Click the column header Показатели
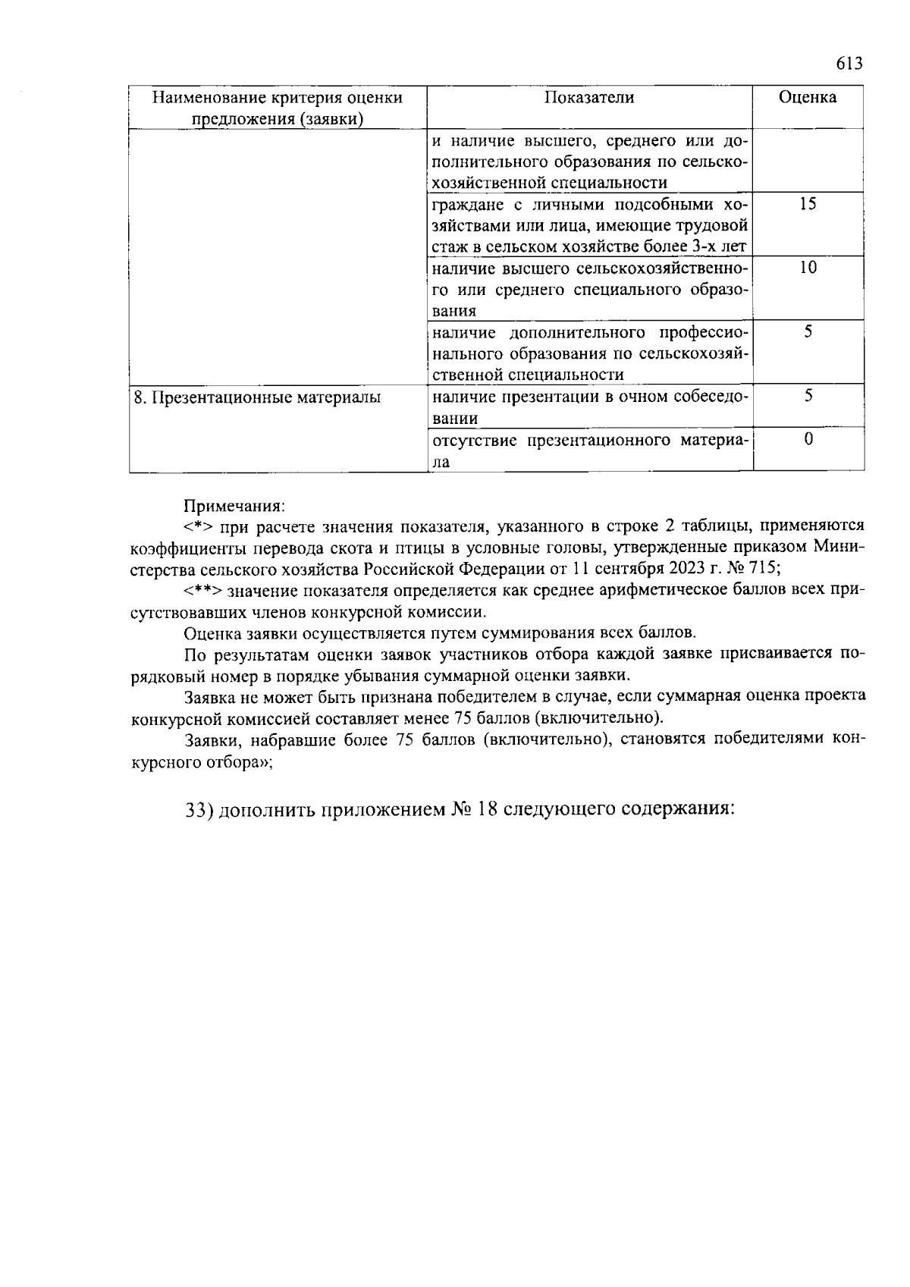click(589, 98)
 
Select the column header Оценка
click(808, 98)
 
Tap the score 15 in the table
click(808, 204)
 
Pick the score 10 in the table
click(808, 268)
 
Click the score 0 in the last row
click(808, 439)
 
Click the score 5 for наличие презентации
click(808, 396)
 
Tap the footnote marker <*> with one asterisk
click(198, 526)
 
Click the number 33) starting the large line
click(202, 810)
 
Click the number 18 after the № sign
click(487, 809)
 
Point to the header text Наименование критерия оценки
click(277, 98)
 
